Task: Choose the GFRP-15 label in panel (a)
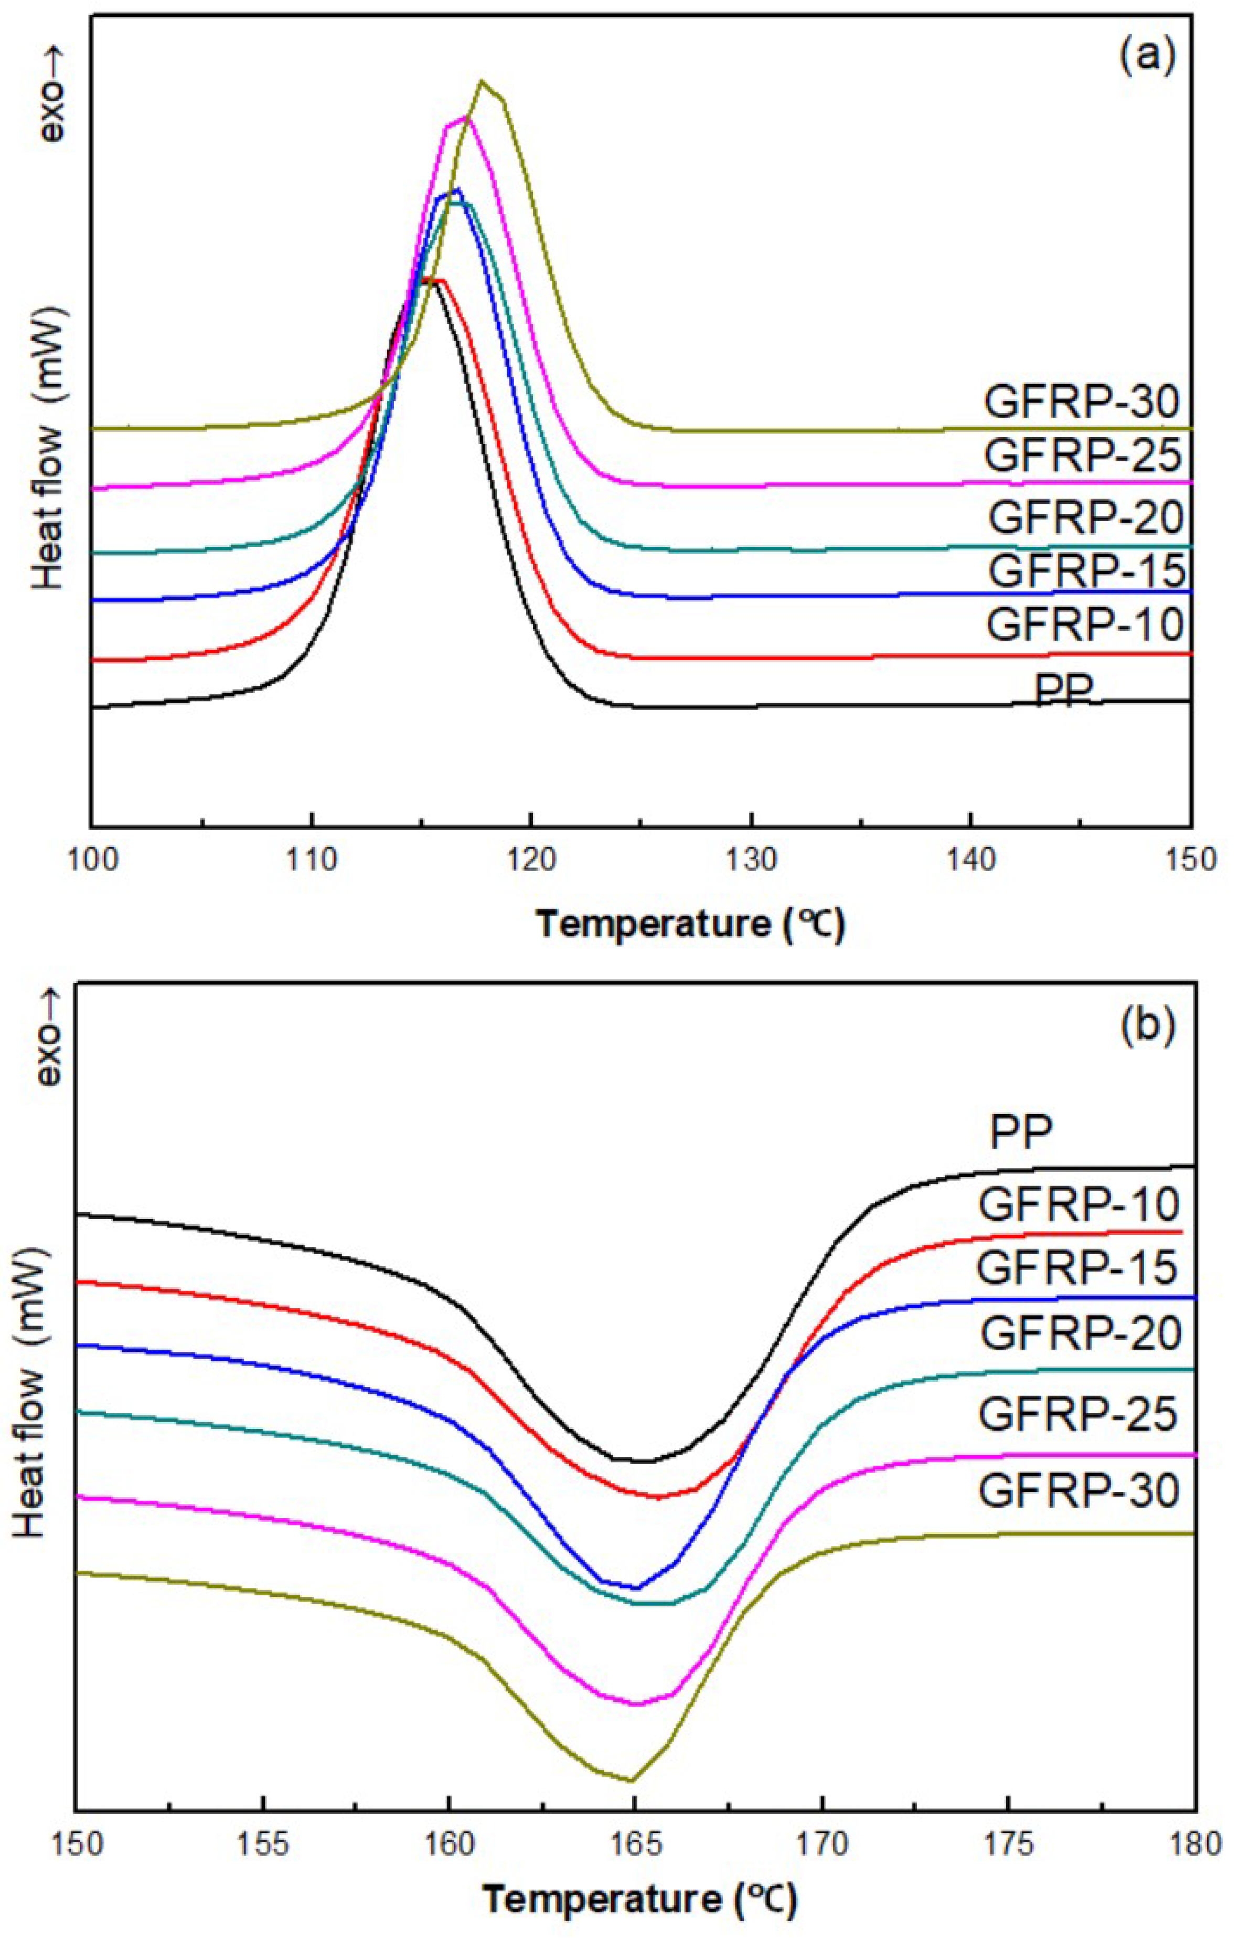point(1086,570)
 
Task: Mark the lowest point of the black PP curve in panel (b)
point(644,1461)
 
